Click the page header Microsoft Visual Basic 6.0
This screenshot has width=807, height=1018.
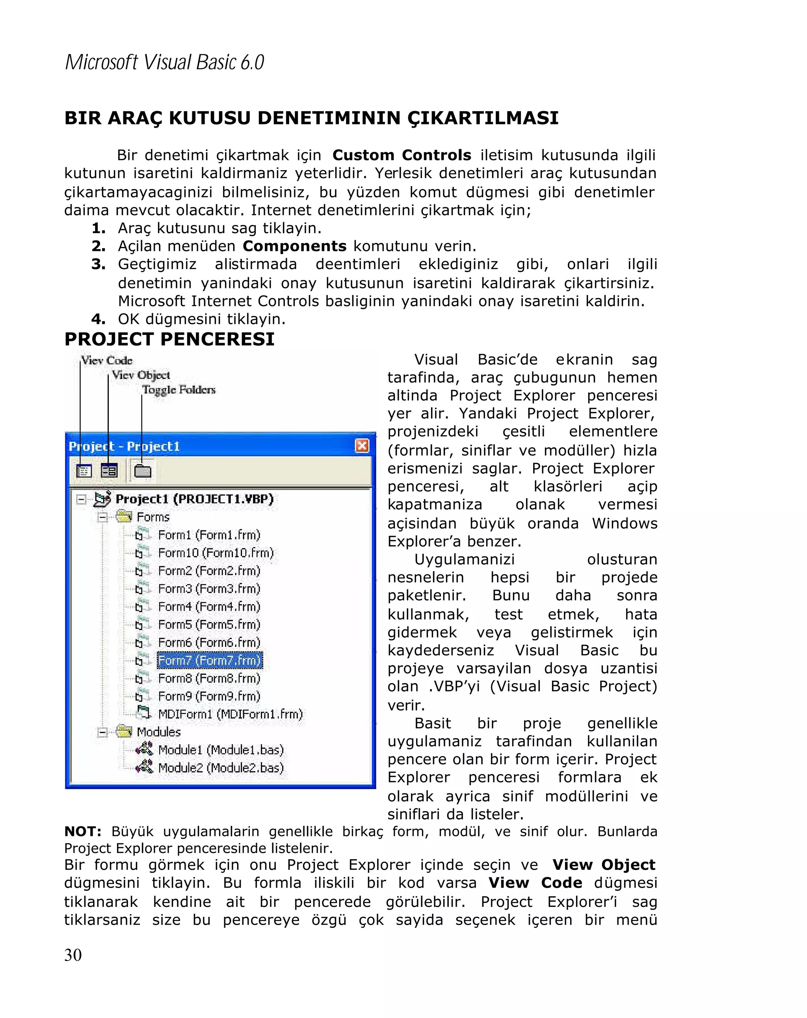[x=164, y=62]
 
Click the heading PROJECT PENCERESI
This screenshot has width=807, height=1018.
[x=169, y=339]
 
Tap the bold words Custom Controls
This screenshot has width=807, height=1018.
[x=402, y=155]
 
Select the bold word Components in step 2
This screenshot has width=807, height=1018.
[x=294, y=246]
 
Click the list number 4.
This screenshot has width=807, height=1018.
[x=98, y=319]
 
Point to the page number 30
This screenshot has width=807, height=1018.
[x=73, y=955]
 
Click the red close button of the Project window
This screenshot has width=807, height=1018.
[x=362, y=446]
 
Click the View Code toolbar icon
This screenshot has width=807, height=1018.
[x=84, y=471]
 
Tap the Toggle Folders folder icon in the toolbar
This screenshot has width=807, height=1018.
[x=142, y=471]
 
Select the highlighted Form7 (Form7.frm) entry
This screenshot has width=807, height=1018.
[x=209, y=660]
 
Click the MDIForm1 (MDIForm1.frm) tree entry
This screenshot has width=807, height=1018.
[x=230, y=714]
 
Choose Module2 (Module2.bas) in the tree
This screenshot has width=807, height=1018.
[x=221, y=768]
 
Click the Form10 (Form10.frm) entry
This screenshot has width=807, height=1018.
[x=215, y=553]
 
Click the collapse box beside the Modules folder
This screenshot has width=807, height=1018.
[x=102, y=732]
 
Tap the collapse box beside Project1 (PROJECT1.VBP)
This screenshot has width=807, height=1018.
[x=81, y=500]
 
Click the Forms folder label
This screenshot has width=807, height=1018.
[x=152, y=517]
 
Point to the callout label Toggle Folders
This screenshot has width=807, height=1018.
[x=179, y=390]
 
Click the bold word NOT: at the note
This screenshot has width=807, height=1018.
[x=83, y=832]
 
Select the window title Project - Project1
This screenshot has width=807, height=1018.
[x=124, y=446]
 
